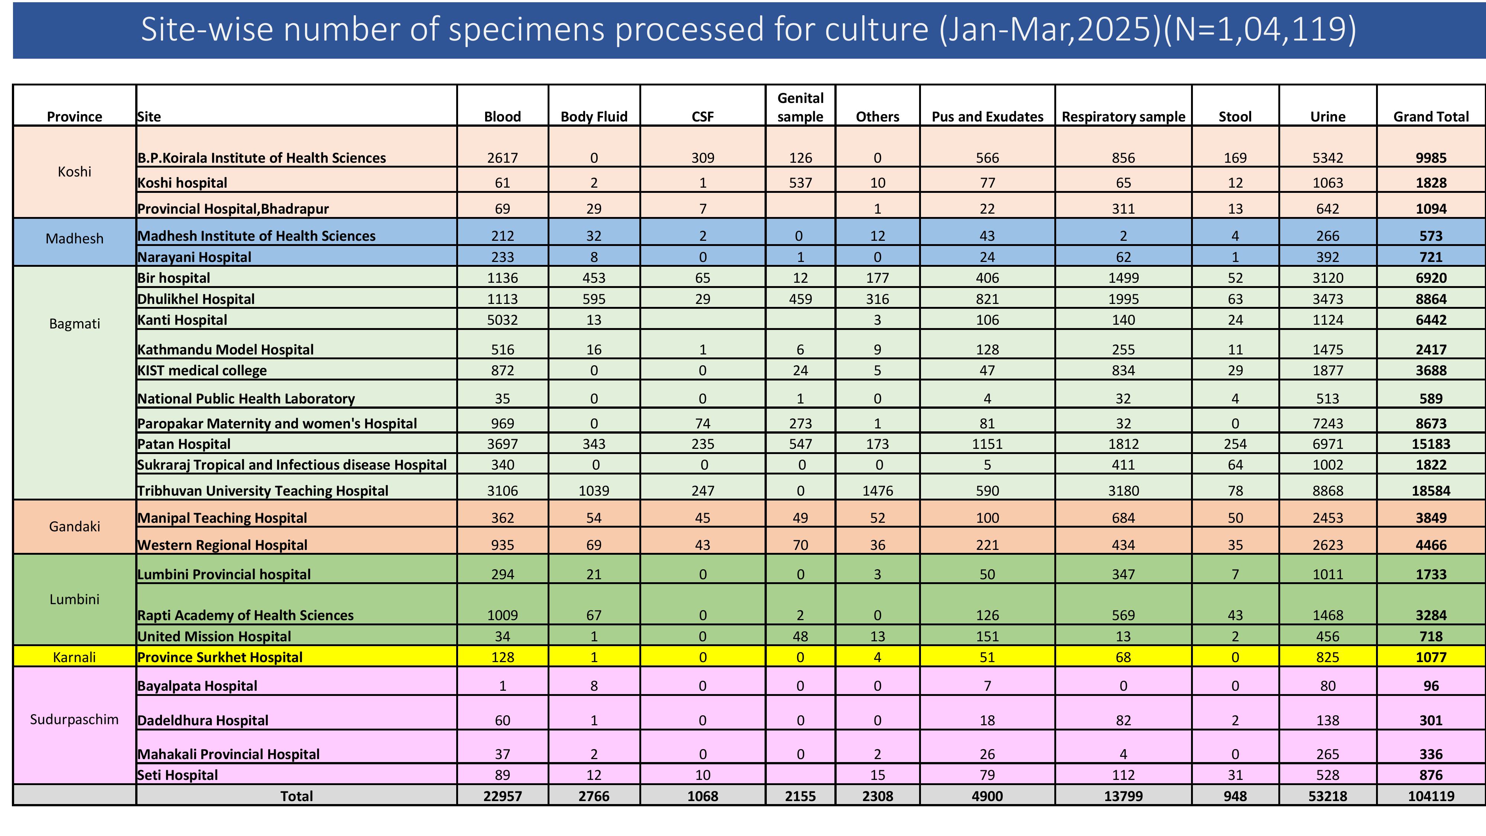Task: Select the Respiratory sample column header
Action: tap(1123, 117)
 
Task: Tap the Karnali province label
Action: tap(74, 657)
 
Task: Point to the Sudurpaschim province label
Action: tap(74, 719)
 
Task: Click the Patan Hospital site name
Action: tap(184, 444)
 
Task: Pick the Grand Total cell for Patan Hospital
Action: tap(1431, 444)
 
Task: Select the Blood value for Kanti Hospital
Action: tap(502, 320)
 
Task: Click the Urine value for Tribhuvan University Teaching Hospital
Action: tap(1327, 490)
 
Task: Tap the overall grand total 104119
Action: tap(1431, 796)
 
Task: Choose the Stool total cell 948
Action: tap(1235, 796)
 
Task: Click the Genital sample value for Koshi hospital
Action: tap(800, 183)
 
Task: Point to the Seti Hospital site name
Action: tap(178, 775)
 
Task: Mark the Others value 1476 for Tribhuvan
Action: tap(877, 490)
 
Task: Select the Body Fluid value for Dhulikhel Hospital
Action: tap(594, 299)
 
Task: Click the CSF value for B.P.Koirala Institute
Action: tap(703, 158)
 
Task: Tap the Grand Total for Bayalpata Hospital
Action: tap(1431, 686)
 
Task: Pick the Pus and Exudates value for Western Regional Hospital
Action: tap(987, 545)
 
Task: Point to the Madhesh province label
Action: tap(74, 238)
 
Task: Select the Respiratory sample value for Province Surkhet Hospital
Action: tap(1123, 657)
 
